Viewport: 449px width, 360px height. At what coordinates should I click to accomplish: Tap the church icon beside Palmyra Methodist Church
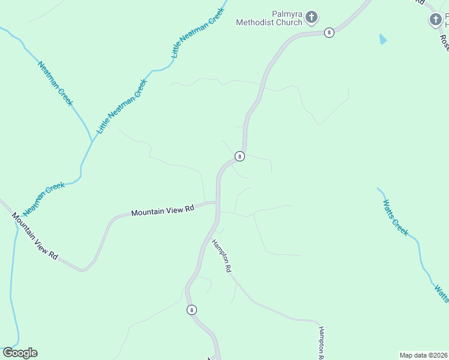click(x=311, y=17)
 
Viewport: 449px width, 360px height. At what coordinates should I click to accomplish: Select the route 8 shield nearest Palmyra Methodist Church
click(x=329, y=32)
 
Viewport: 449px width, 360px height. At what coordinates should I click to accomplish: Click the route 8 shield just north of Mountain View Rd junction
click(x=240, y=156)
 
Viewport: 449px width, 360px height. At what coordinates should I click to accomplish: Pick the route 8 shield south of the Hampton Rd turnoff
click(x=191, y=310)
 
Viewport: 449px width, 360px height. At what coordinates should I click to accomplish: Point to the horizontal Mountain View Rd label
click(x=163, y=211)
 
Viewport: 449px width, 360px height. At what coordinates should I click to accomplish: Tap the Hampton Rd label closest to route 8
click(x=221, y=256)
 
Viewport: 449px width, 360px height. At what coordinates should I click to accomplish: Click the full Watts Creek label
click(x=396, y=217)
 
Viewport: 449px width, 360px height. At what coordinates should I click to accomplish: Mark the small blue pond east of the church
click(x=382, y=40)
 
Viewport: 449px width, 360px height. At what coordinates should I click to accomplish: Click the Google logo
click(x=20, y=353)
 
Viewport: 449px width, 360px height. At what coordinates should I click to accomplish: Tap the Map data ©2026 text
click(x=423, y=355)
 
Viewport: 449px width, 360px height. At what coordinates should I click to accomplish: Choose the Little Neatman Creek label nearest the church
click(x=198, y=33)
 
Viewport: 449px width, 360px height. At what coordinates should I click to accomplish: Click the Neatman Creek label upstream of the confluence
click(x=55, y=83)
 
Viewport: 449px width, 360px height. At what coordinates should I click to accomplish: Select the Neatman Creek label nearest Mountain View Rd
click(x=44, y=199)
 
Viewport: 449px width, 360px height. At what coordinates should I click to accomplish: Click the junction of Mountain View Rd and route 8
click(x=217, y=203)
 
